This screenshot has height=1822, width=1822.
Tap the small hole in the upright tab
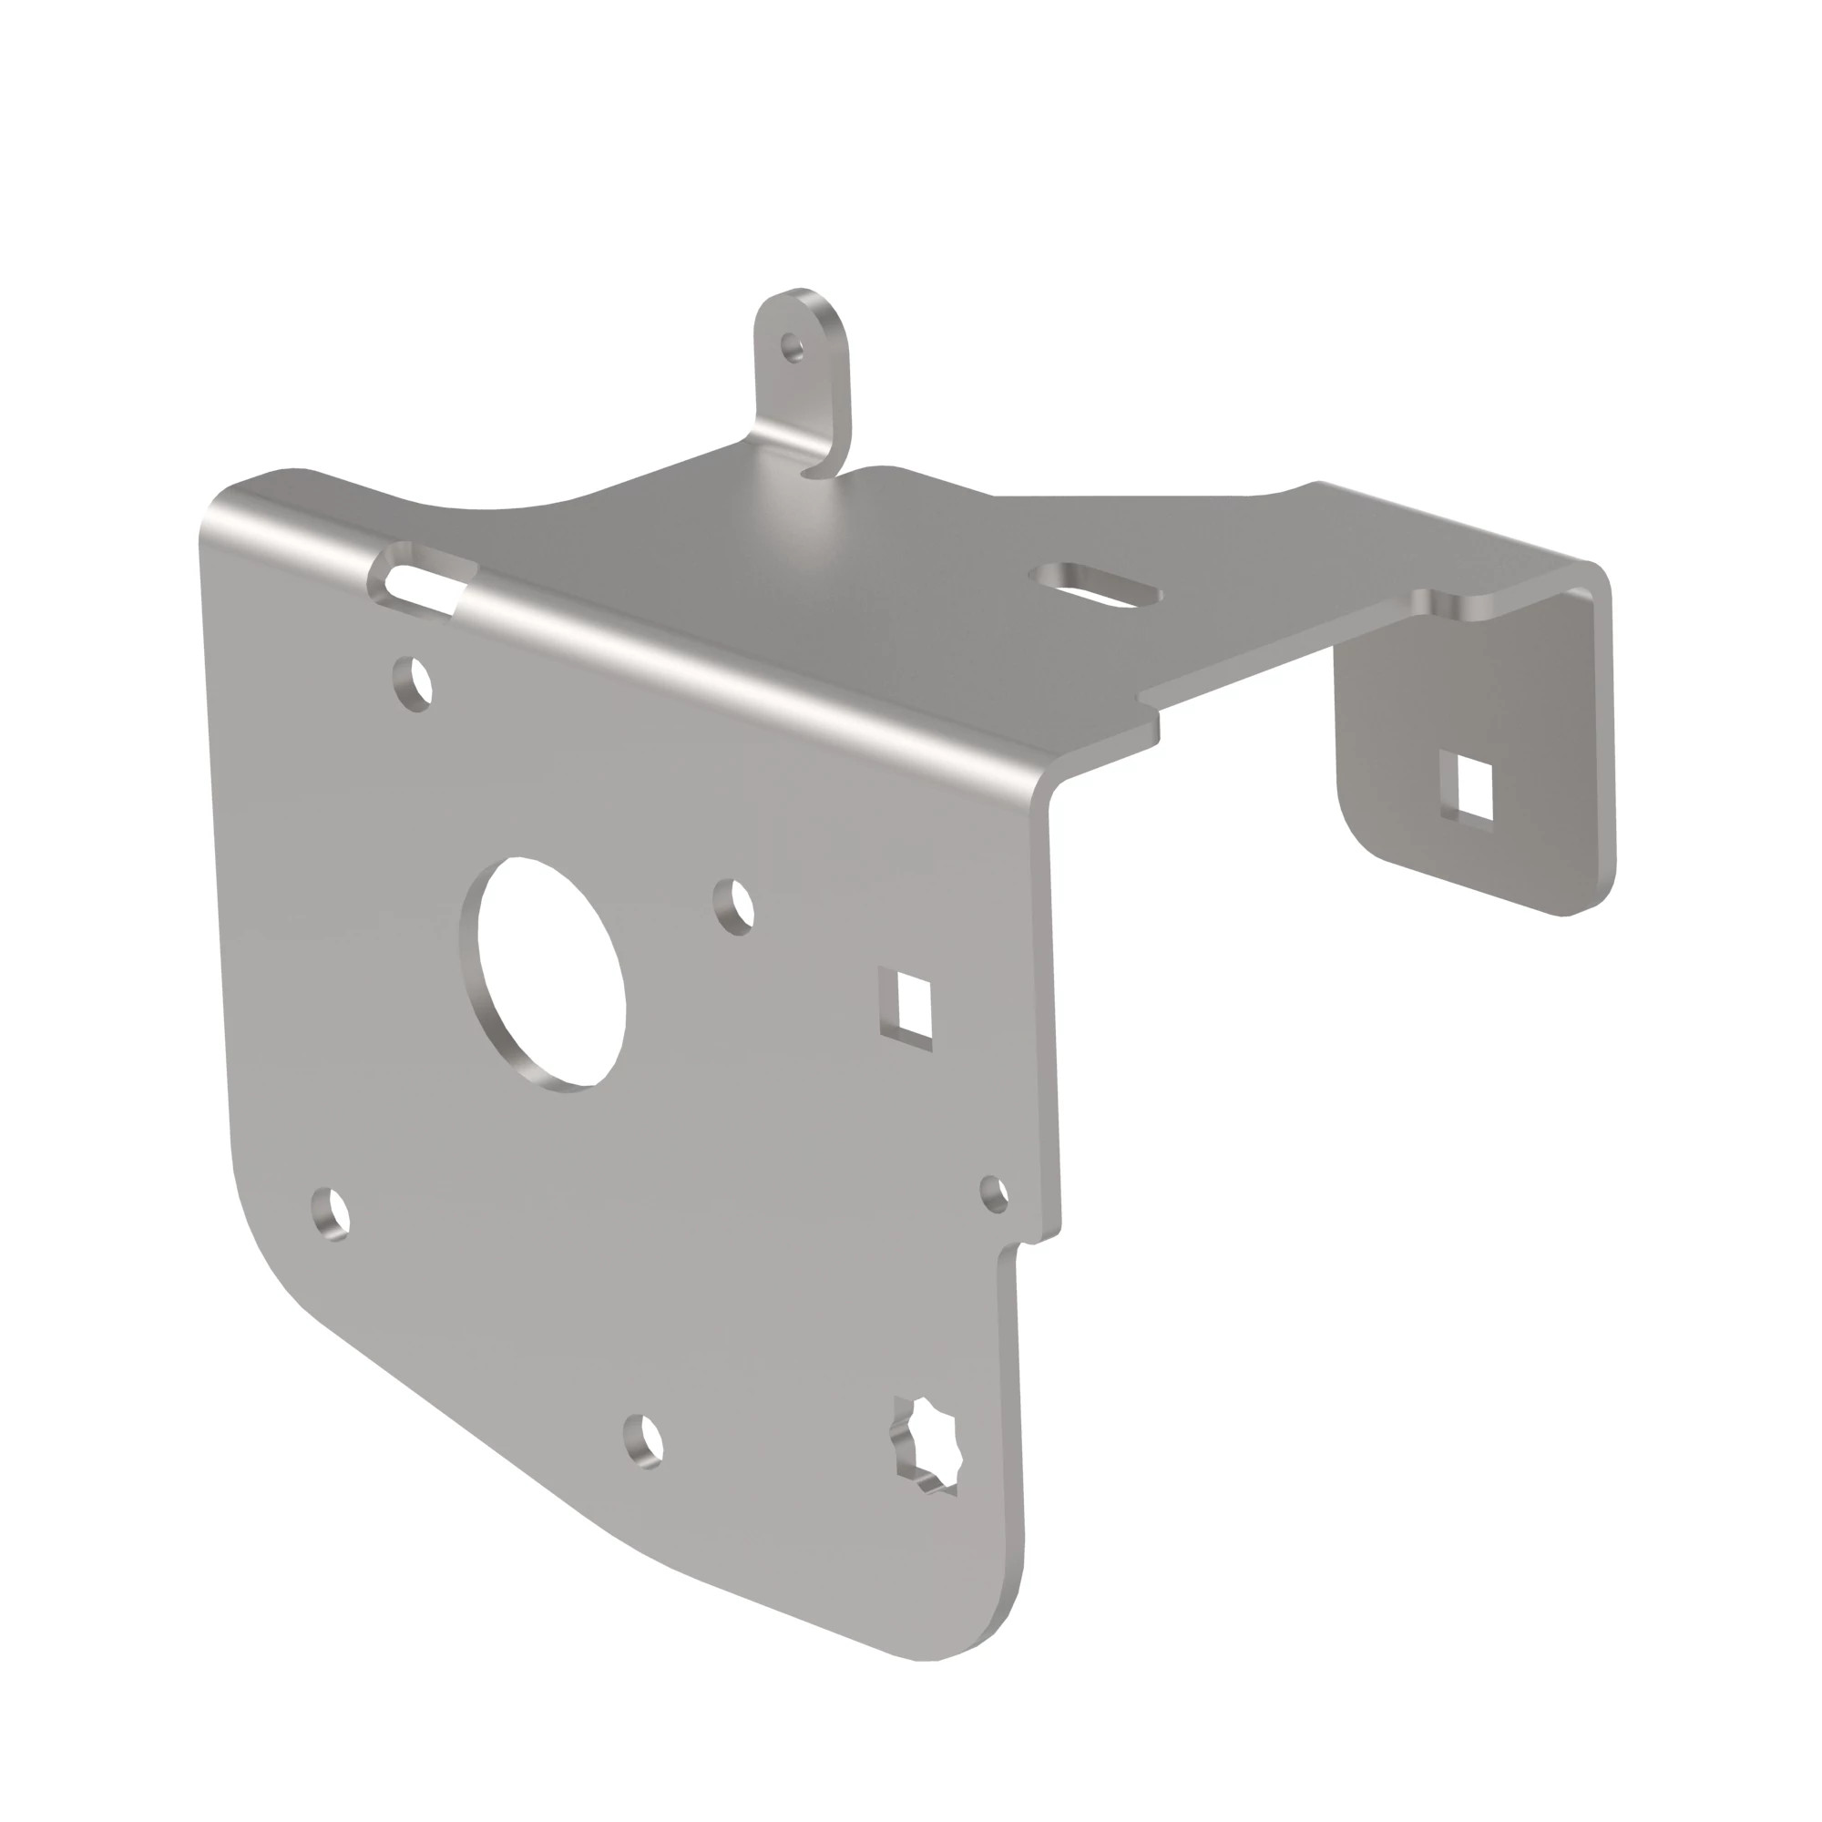pyautogui.click(x=795, y=347)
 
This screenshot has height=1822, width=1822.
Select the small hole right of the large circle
pyautogui.click(x=734, y=906)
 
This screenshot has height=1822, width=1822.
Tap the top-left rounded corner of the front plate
pyautogui.click(x=226, y=505)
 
